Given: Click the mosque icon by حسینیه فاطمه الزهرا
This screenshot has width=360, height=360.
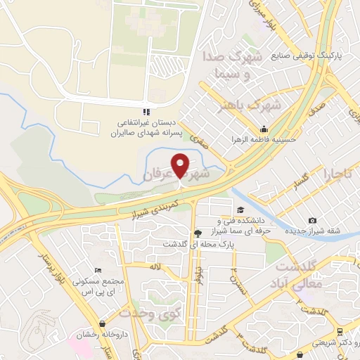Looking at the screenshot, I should (264, 129).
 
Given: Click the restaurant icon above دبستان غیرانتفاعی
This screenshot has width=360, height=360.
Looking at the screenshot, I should (146, 111).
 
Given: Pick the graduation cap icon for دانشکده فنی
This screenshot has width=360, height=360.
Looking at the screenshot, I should (240, 210).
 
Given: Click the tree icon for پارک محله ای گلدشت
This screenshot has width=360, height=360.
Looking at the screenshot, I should (198, 233).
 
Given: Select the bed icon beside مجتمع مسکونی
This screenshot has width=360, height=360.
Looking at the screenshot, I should (98, 270).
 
